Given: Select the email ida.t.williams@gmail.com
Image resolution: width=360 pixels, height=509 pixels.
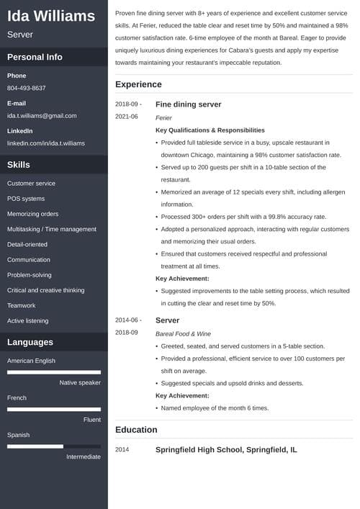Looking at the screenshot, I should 42,115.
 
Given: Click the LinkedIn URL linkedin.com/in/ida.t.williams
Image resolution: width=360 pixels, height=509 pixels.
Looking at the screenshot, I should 46,143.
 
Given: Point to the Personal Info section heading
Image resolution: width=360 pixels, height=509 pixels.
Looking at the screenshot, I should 35,57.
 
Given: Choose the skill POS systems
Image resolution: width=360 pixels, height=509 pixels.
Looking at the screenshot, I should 26,199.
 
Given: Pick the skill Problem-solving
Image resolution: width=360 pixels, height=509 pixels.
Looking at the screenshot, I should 30,275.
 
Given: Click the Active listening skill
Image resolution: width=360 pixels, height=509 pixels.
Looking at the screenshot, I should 28,320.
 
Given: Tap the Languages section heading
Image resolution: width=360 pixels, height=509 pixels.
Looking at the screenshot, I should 30,342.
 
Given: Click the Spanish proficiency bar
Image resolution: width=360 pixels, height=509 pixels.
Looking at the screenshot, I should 53,446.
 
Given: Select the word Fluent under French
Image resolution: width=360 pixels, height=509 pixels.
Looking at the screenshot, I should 92,419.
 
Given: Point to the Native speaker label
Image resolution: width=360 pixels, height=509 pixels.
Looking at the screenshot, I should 80,382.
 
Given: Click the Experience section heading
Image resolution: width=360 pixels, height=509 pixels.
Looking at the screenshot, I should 138,84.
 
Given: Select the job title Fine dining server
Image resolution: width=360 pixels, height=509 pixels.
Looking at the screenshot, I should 189,104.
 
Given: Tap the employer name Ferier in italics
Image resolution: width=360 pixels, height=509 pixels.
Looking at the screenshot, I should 164,117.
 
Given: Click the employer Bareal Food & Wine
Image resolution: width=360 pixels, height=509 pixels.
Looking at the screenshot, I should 183,333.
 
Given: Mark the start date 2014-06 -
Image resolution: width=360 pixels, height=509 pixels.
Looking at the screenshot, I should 128,320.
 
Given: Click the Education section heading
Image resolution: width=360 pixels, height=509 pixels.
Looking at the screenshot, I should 136,430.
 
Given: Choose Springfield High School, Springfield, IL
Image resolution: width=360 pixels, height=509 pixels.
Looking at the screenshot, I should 226,450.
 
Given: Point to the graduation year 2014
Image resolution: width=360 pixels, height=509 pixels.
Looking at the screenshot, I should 122,450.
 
